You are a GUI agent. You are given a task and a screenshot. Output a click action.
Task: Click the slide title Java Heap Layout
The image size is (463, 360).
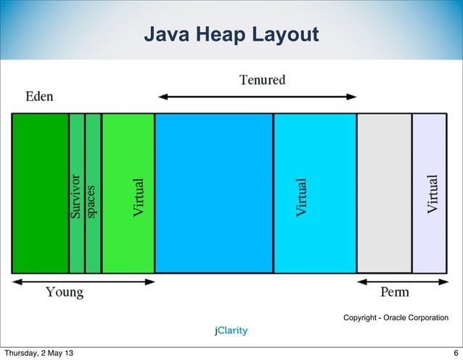click(x=231, y=34)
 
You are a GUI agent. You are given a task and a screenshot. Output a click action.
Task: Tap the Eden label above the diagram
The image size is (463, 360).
click(x=39, y=97)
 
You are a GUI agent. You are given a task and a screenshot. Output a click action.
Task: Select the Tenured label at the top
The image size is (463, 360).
click(x=263, y=80)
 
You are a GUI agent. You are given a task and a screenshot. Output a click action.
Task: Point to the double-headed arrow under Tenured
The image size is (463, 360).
click(x=258, y=96)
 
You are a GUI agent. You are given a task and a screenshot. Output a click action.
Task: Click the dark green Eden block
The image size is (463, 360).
click(x=40, y=193)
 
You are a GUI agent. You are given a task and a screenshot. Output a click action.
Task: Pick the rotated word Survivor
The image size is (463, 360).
click(x=75, y=196)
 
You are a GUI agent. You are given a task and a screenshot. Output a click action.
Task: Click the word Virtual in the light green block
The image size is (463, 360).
click(x=139, y=196)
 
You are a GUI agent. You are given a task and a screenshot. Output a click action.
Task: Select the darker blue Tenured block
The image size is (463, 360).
click(x=214, y=193)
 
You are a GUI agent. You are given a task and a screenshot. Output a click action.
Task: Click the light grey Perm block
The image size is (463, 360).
click(x=384, y=193)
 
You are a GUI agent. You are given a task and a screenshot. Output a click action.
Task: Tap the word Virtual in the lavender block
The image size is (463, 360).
click(x=433, y=195)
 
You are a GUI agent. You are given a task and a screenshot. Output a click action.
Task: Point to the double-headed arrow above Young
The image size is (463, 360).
click(x=83, y=282)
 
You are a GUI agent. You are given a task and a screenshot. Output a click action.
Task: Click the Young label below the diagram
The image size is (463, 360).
click(x=65, y=293)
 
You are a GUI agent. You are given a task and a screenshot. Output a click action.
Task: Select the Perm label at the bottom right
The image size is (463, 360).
click(x=395, y=293)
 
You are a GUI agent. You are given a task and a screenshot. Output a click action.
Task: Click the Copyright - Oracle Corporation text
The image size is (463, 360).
click(x=396, y=318)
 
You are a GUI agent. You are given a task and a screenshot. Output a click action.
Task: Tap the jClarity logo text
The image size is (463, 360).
click(x=231, y=331)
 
